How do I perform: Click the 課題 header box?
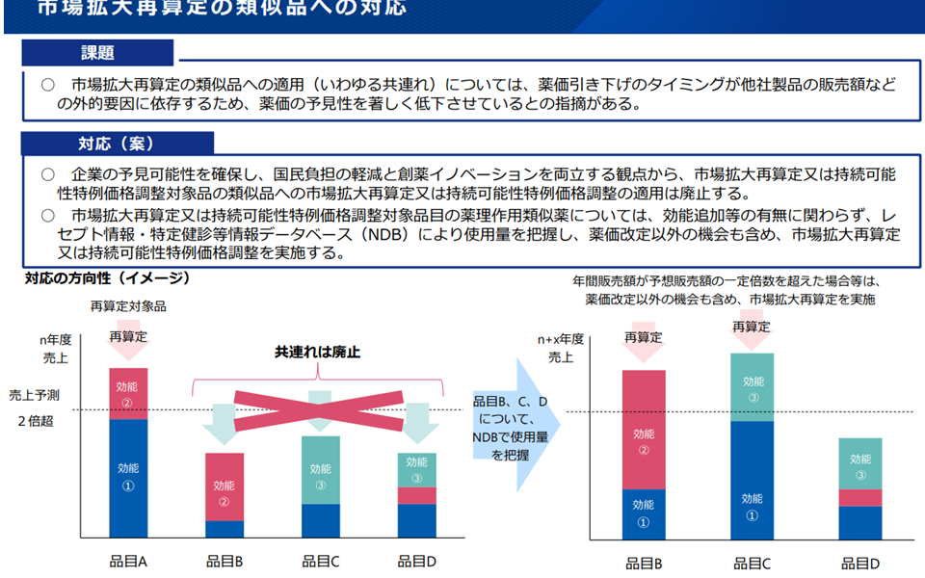point(98,53)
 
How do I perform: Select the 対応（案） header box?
point(117,144)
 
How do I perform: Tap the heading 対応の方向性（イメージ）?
point(107,279)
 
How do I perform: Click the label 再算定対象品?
point(128,306)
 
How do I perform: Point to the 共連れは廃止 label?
point(318,353)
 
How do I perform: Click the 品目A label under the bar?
point(128,561)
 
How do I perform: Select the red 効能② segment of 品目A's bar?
point(128,393)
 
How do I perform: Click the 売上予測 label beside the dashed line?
point(35,395)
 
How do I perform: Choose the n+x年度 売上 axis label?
point(560,348)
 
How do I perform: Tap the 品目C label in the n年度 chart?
point(321,561)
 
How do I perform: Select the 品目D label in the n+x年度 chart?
point(860,564)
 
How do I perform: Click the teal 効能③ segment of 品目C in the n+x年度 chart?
point(753,387)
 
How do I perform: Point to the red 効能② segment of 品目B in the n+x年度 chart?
point(644,429)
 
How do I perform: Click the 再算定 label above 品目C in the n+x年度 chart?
point(752,327)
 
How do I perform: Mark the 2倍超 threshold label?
point(35,421)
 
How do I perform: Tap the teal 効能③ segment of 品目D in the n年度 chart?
point(417,469)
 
